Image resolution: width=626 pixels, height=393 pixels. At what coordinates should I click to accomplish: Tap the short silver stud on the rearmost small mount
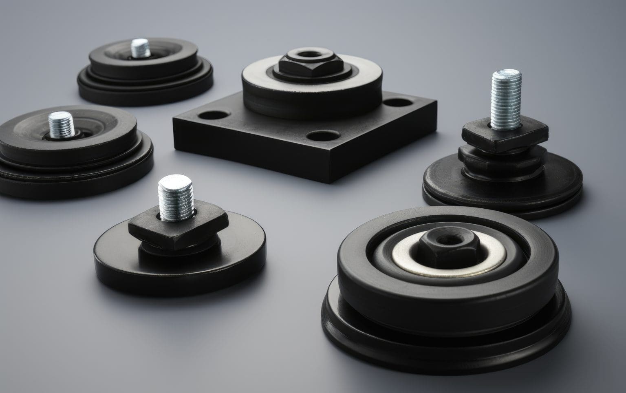point(140,48)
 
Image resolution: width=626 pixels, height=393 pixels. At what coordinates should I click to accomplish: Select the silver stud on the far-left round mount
point(61,124)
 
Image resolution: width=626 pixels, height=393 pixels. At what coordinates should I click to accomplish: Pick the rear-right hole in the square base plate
point(398,102)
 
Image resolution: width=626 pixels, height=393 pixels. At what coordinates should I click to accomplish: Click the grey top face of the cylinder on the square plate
point(261,77)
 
